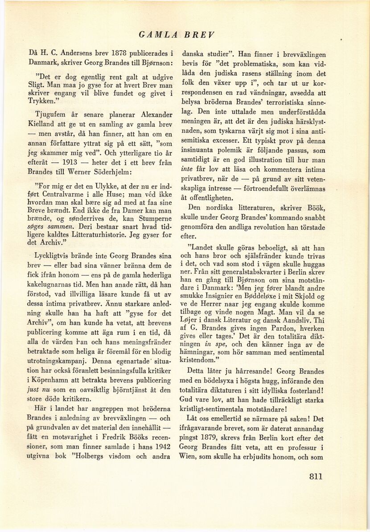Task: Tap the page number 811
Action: [x=316, y=476]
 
